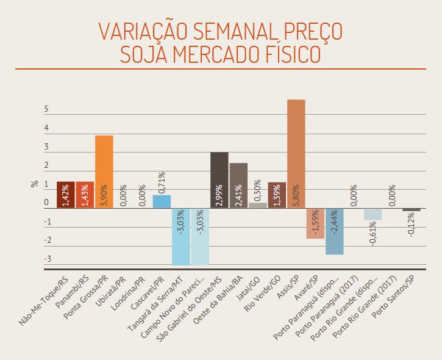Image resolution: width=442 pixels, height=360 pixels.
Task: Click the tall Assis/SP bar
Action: [296, 153]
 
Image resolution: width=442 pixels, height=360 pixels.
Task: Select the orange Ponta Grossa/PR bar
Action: [104, 171]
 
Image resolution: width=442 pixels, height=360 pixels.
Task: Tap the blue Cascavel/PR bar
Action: [161, 201]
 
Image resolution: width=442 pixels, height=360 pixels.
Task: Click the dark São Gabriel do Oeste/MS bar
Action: [219, 179]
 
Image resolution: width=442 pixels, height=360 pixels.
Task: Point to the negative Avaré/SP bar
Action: [315, 223]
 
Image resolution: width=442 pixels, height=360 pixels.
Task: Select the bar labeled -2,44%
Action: [334, 231]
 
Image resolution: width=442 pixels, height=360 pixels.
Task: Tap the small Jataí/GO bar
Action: [257, 205]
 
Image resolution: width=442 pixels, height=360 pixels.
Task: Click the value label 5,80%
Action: [296, 195]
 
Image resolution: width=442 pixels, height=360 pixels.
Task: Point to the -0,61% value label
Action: [372, 232]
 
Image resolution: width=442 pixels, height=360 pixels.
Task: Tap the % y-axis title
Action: [34, 184]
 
